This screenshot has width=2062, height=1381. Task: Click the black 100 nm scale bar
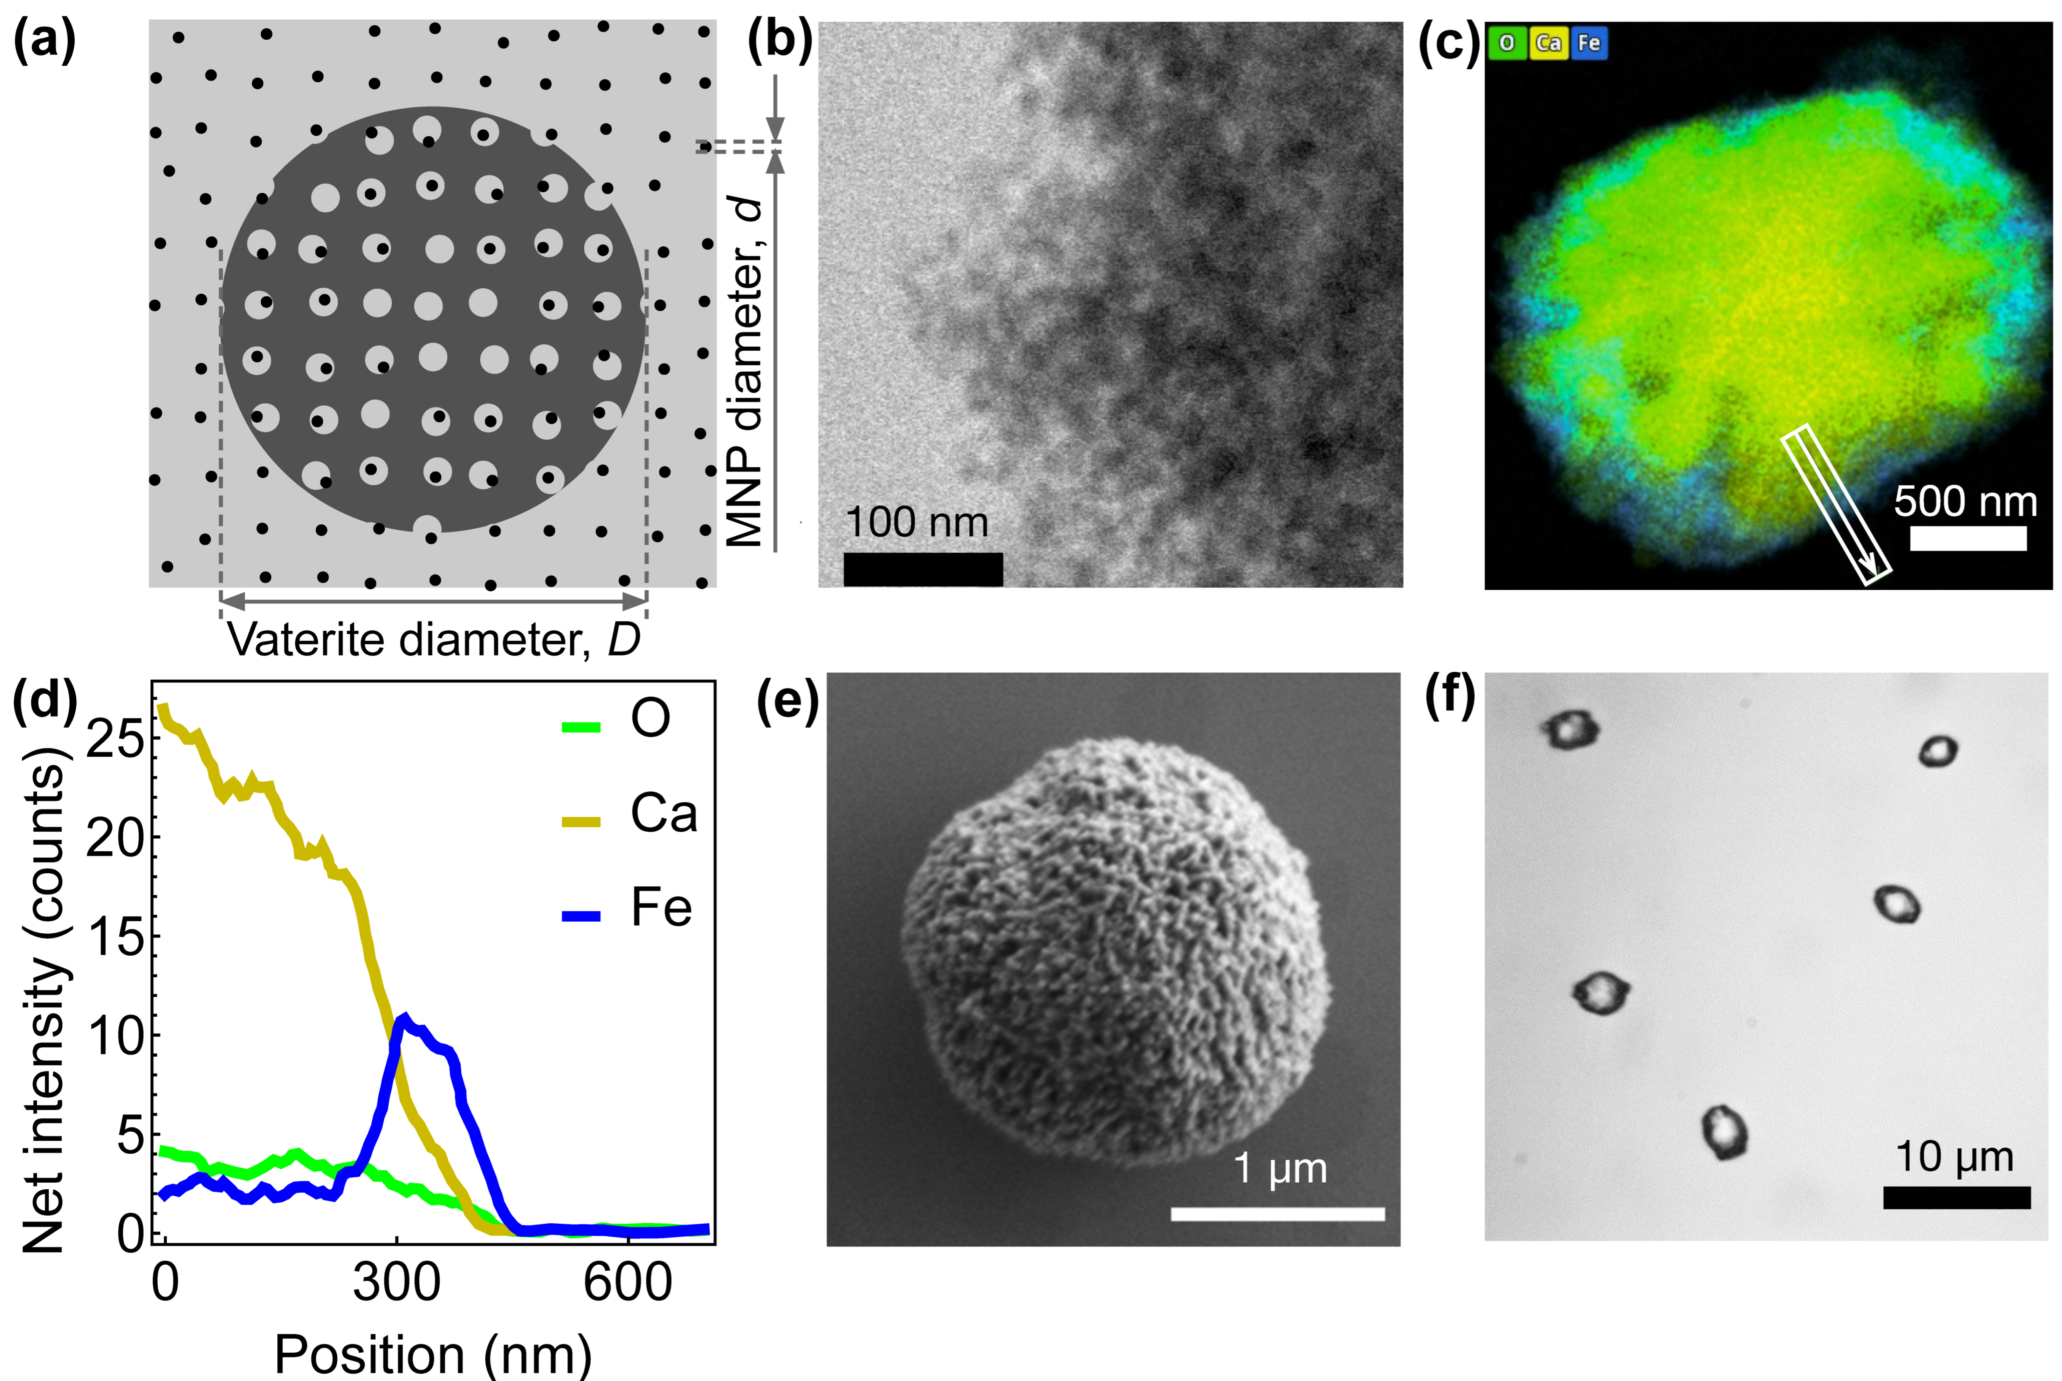click(923, 569)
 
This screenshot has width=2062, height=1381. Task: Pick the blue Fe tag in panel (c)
click(1589, 42)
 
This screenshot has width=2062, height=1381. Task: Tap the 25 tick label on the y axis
click(115, 738)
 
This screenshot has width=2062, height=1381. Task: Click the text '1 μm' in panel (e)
click(1279, 1168)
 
